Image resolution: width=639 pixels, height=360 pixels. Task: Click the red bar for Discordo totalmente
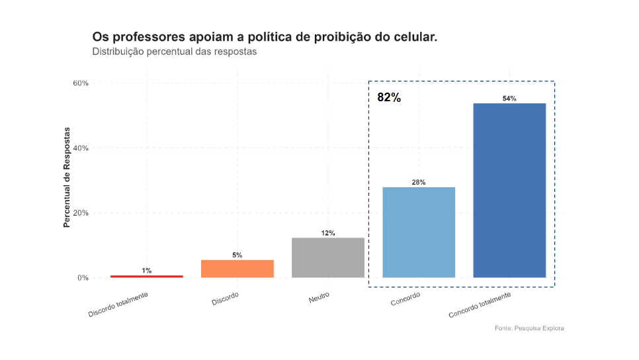tap(146, 276)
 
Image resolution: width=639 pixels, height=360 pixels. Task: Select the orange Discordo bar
tap(237, 269)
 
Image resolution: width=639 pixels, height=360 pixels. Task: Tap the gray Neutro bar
tap(328, 257)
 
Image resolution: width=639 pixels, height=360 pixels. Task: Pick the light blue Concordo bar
tap(419, 232)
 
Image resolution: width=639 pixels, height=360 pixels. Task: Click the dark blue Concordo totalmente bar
tap(509, 191)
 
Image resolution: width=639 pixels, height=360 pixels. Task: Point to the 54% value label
tap(509, 99)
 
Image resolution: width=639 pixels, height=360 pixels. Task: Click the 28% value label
tap(419, 182)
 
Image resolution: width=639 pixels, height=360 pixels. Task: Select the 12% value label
tap(328, 233)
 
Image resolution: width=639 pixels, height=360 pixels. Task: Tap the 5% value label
tap(237, 255)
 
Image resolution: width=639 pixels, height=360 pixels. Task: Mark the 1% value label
tap(146, 270)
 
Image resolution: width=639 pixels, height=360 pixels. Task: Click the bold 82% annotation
tap(389, 97)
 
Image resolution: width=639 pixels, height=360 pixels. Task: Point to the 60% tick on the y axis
tap(81, 83)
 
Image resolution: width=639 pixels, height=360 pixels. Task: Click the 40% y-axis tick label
tap(81, 148)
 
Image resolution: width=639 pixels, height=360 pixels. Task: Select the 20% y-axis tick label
tap(81, 213)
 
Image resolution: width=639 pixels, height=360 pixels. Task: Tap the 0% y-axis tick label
tap(83, 278)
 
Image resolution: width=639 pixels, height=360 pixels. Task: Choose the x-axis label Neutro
tap(319, 298)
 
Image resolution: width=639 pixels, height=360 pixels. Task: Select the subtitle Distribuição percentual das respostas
tap(174, 52)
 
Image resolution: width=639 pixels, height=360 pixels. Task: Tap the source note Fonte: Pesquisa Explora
tap(529, 328)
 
